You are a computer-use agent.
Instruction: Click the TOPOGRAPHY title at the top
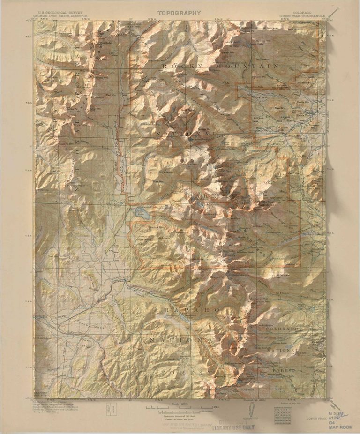(x=179, y=13)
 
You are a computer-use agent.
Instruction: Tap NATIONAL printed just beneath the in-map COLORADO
(x=282, y=350)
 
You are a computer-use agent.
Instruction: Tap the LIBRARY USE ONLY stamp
(x=233, y=427)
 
